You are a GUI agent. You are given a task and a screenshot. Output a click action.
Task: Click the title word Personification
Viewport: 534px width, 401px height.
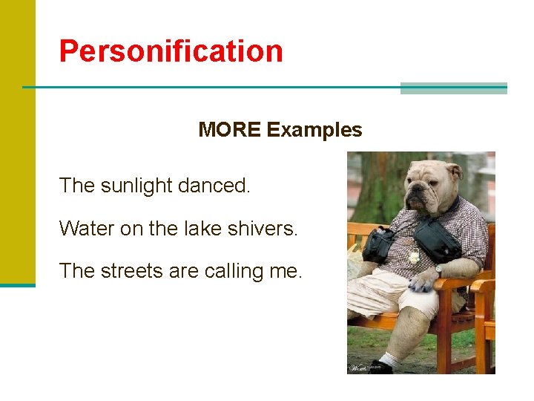(x=171, y=51)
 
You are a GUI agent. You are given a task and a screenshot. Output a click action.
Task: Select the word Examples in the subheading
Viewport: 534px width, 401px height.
(x=314, y=130)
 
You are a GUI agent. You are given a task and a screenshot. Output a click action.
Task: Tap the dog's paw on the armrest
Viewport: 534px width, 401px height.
(x=423, y=281)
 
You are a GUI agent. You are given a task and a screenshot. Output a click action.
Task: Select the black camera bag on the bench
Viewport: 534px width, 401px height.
(x=378, y=246)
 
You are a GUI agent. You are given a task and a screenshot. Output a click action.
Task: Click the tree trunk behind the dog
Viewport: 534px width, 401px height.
(x=385, y=186)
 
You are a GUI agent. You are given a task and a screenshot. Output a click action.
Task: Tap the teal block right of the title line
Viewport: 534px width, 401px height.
(x=453, y=88)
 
